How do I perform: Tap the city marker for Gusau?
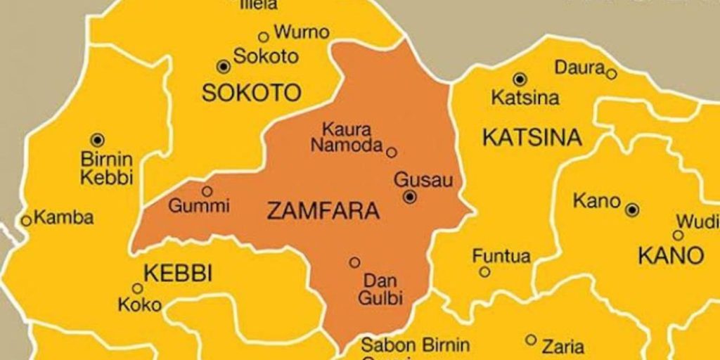tap(409, 198)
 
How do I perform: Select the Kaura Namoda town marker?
tap(392, 152)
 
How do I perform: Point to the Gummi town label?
tap(199, 207)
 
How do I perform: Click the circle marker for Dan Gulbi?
tap(354, 262)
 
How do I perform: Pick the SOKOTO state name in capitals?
tap(251, 92)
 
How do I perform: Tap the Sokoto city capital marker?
tap(224, 66)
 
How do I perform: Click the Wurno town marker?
tap(264, 37)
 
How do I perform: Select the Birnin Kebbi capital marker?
tap(98, 139)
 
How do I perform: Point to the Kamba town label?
tap(63, 218)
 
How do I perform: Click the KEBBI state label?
tap(177, 273)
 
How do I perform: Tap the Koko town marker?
tap(138, 288)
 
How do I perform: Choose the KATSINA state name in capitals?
tap(532, 137)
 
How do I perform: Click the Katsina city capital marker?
tap(520, 79)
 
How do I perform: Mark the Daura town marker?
tap(611, 73)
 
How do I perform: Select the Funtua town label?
tap(501, 256)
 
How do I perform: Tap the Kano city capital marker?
tap(632, 210)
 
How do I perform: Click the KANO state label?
tap(671, 256)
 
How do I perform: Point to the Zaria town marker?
tap(531, 340)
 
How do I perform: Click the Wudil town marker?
tap(678, 236)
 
